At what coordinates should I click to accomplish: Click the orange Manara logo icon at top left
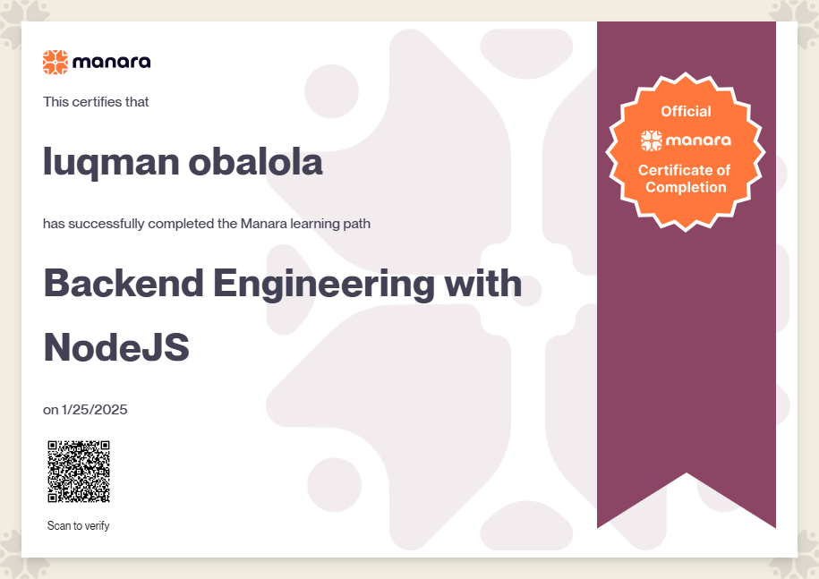tap(55, 62)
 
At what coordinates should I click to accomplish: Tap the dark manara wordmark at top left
tap(112, 62)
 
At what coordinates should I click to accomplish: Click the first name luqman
tap(111, 163)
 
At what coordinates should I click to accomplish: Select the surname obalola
tap(255, 161)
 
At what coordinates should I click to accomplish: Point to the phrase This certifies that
tap(96, 102)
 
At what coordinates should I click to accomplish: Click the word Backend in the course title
tap(124, 283)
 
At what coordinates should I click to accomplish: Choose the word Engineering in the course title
tap(324, 285)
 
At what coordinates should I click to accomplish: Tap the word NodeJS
tap(116, 347)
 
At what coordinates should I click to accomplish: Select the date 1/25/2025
tap(95, 409)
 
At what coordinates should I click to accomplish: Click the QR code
tap(79, 472)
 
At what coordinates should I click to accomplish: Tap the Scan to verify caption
tap(79, 525)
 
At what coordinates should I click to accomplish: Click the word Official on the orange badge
tap(686, 111)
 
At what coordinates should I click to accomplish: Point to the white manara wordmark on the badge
tap(698, 140)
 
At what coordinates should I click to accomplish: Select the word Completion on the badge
tap(686, 187)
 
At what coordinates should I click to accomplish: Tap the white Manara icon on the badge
tap(652, 140)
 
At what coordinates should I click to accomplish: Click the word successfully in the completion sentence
tap(107, 224)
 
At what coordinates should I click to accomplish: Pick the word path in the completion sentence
tap(357, 224)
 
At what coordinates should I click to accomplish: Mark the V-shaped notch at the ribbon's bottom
tap(687, 473)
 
